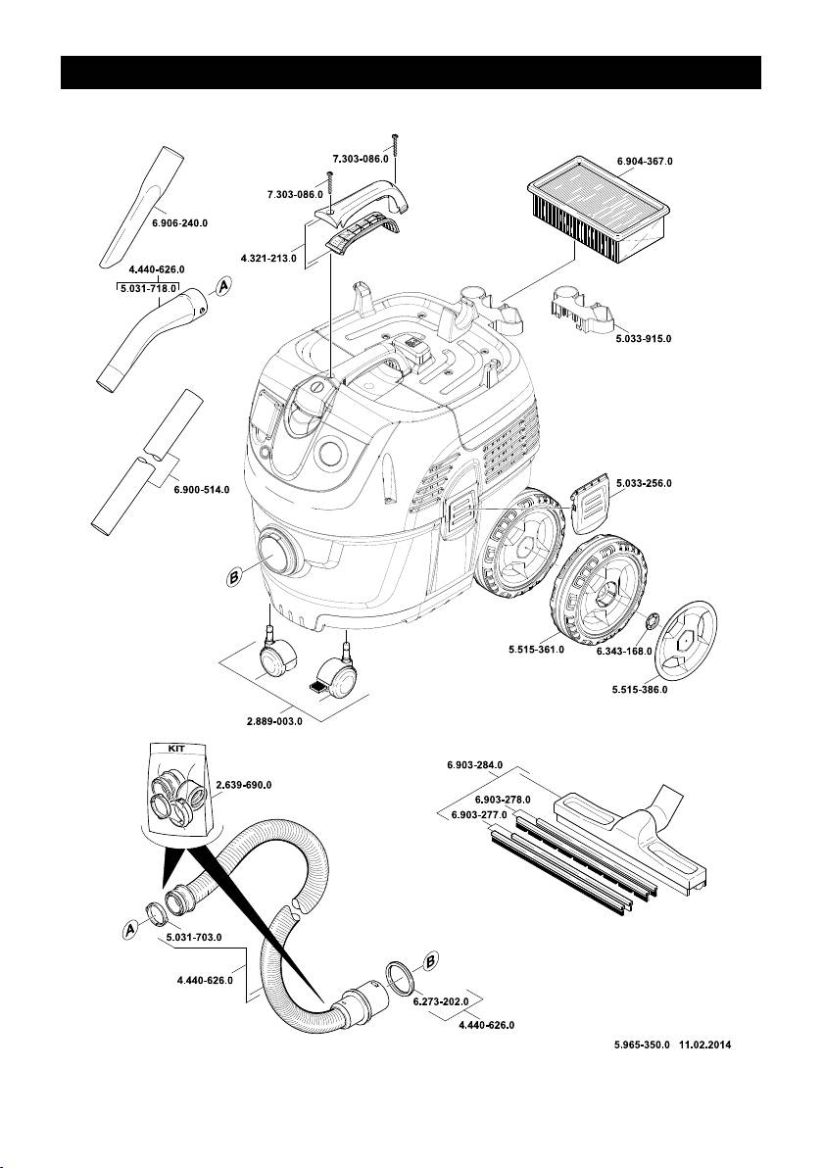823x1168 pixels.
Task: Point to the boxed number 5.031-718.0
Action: [x=141, y=289]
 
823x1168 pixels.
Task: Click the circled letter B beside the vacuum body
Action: [x=234, y=580]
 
